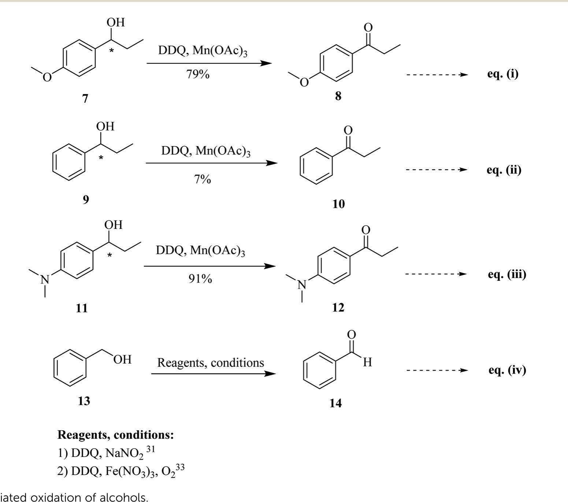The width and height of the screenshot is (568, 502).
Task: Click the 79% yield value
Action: pos(197,74)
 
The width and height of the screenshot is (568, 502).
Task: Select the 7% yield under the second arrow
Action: pos(203,179)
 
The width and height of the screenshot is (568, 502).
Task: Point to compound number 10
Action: pos(338,204)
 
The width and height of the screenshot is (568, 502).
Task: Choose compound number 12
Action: pos(338,308)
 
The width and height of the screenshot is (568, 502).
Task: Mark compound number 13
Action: pos(83,401)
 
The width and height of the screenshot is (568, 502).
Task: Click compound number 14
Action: pos(335,403)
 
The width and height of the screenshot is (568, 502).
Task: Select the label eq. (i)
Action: pos(502,74)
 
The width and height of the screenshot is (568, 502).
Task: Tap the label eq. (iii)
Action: pos(507,274)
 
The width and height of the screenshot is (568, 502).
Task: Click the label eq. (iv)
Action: pos(507,370)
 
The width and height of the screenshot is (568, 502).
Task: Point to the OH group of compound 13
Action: pos(122,359)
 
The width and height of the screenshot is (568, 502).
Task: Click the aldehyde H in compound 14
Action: pos(368,362)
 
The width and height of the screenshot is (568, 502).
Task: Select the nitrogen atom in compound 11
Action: pos(45,280)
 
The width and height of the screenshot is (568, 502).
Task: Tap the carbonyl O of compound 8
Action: pos(368,27)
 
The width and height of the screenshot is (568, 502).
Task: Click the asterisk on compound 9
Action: pos(101,158)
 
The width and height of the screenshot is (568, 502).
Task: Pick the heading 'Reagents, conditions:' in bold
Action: pos(115,435)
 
